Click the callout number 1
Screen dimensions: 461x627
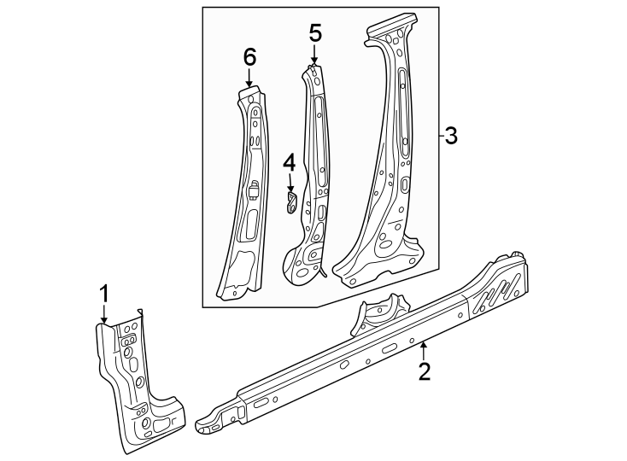click(104, 295)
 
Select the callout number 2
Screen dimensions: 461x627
click(425, 371)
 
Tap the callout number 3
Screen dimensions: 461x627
click(451, 136)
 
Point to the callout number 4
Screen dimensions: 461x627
click(290, 162)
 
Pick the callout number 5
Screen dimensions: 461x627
click(314, 34)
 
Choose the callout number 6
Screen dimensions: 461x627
click(249, 57)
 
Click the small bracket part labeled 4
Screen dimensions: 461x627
click(290, 203)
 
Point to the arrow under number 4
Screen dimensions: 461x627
click(290, 183)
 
